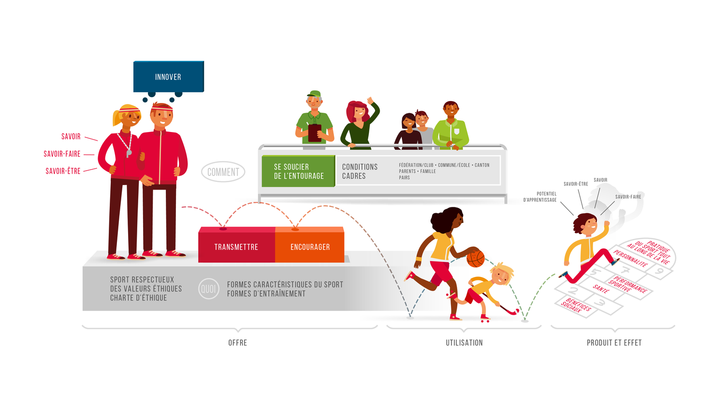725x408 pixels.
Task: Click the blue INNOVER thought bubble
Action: (168, 76)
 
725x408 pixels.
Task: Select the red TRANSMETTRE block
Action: (236, 247)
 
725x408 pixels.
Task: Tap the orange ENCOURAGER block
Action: (310, 247)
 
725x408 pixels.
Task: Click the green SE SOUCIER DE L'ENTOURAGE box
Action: (298, 171)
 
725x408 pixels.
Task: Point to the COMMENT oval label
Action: (223, 172)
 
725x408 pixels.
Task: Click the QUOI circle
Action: (208, 289)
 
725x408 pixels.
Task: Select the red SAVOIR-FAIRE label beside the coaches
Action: (62, 154)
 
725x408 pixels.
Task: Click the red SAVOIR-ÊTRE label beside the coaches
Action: (63, 171)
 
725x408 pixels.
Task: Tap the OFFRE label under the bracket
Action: (237, 343)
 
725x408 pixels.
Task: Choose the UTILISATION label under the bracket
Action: (464, 343)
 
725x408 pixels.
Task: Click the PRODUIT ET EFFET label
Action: (614, 343)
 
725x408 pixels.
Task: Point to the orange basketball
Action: (476, 259)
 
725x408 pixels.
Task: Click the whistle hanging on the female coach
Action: (129, 153)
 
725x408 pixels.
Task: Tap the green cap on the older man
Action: (314, 94)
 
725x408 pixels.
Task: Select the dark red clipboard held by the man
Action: (315, 133)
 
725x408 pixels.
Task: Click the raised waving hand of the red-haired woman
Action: (371, 101)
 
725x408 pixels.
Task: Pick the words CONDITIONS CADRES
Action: (360, 171)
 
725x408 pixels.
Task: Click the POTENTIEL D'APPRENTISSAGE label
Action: (540, 197)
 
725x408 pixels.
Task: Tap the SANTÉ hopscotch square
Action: (601, 289)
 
